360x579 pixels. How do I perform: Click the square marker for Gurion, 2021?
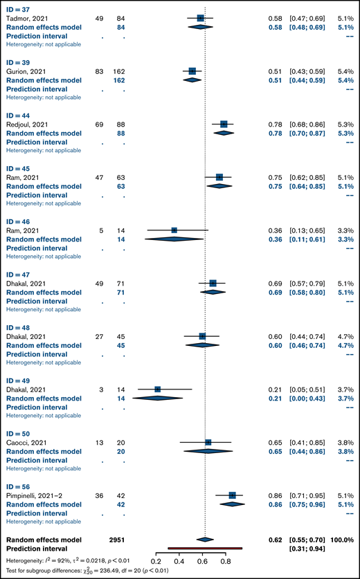click(192, 71)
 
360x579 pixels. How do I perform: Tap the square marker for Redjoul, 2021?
click(224, 124)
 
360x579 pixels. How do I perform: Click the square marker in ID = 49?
click(158, 389)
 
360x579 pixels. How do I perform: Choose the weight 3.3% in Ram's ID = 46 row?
click(345, 230)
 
